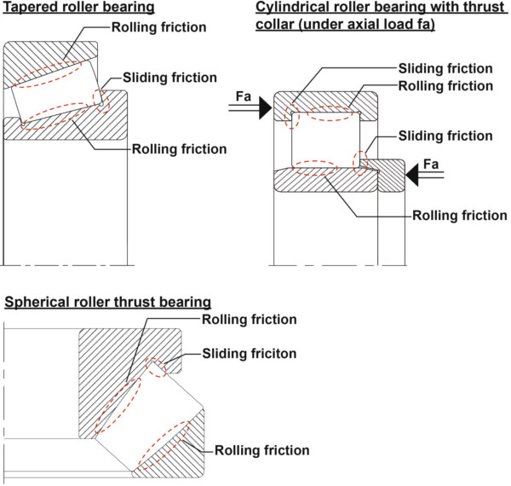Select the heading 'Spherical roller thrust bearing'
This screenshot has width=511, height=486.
[107, 302]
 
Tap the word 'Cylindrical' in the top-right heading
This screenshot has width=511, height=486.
[289, 8]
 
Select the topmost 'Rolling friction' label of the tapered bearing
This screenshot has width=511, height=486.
[158, 27]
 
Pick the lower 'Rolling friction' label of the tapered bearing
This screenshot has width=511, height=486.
[179, 149]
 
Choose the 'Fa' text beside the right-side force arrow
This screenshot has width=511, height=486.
[431, 163]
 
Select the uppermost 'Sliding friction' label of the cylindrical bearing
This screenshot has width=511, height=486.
[445, 67]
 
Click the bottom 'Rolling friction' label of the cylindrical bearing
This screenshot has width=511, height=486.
[459, 215]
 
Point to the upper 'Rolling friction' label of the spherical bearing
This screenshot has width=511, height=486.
[249, 319]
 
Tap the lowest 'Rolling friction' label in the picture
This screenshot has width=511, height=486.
[261, 449]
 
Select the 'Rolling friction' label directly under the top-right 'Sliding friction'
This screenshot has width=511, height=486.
[445, 86]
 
